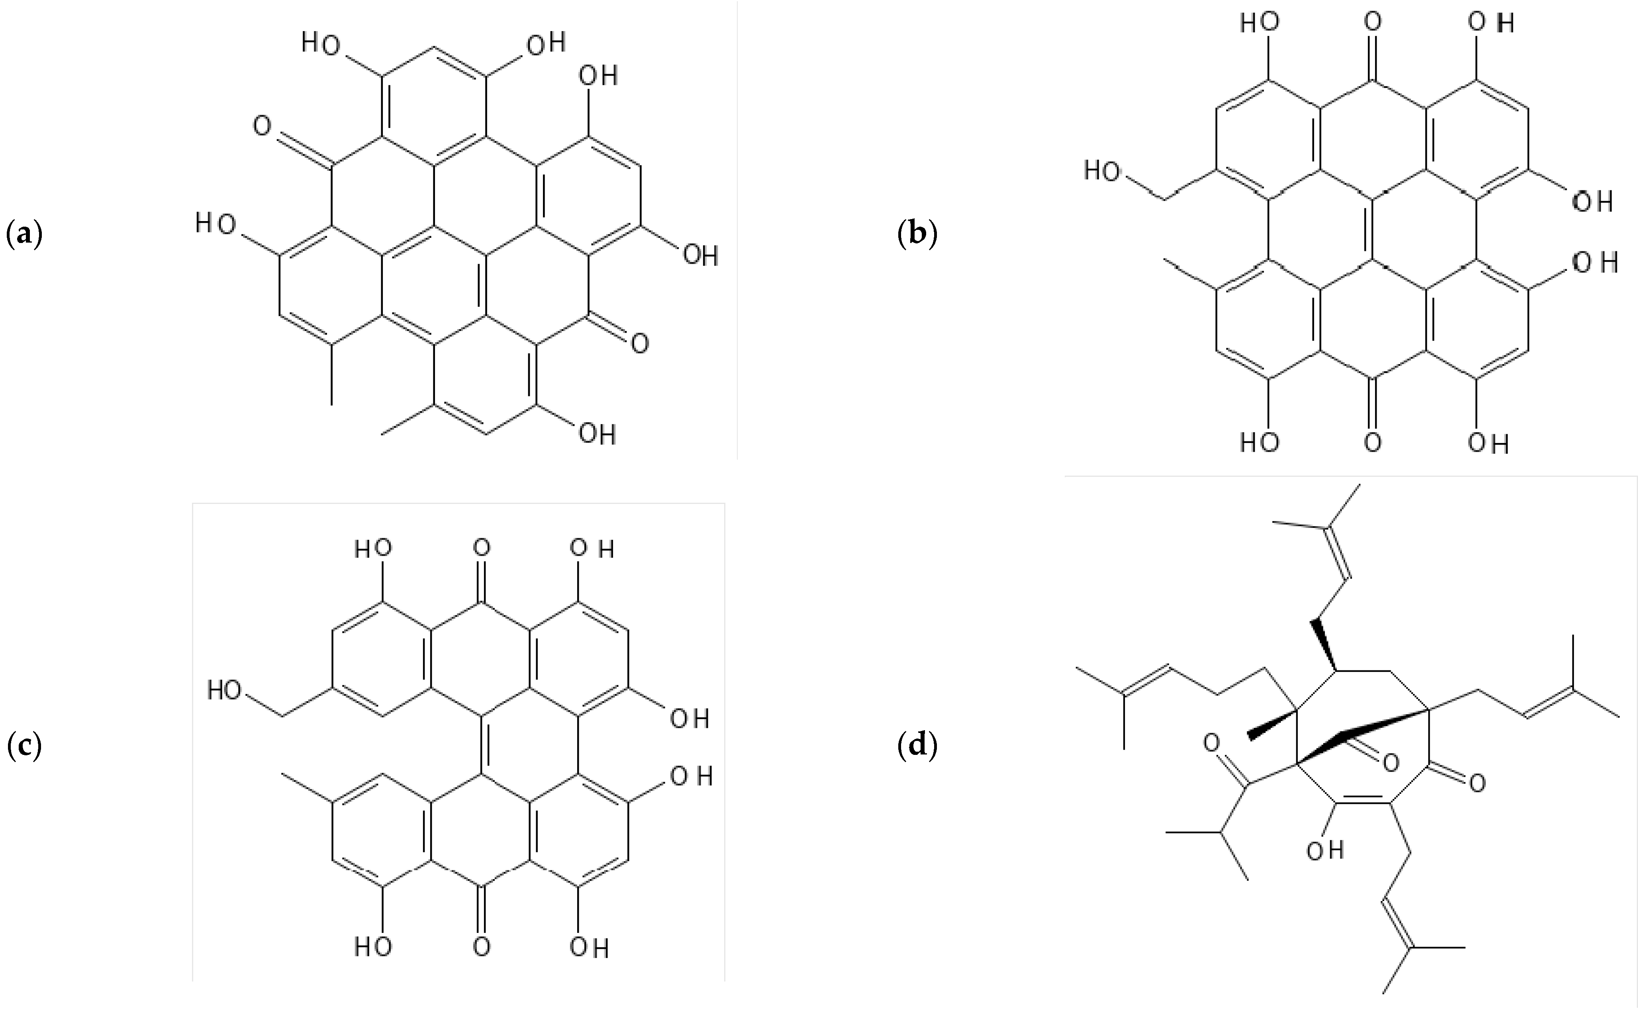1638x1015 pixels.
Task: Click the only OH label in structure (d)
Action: point(1325,851)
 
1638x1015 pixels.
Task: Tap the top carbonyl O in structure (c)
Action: point(481,549)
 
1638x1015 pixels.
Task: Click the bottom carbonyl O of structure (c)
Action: point(481,946)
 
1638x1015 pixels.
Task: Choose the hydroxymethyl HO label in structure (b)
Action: point(1102,172)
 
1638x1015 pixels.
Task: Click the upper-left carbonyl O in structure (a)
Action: point(262,125)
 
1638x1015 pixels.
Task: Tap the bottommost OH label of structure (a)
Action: point(597,434)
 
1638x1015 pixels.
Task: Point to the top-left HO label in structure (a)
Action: point(320,44)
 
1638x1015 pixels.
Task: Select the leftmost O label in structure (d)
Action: point(1211,743)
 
